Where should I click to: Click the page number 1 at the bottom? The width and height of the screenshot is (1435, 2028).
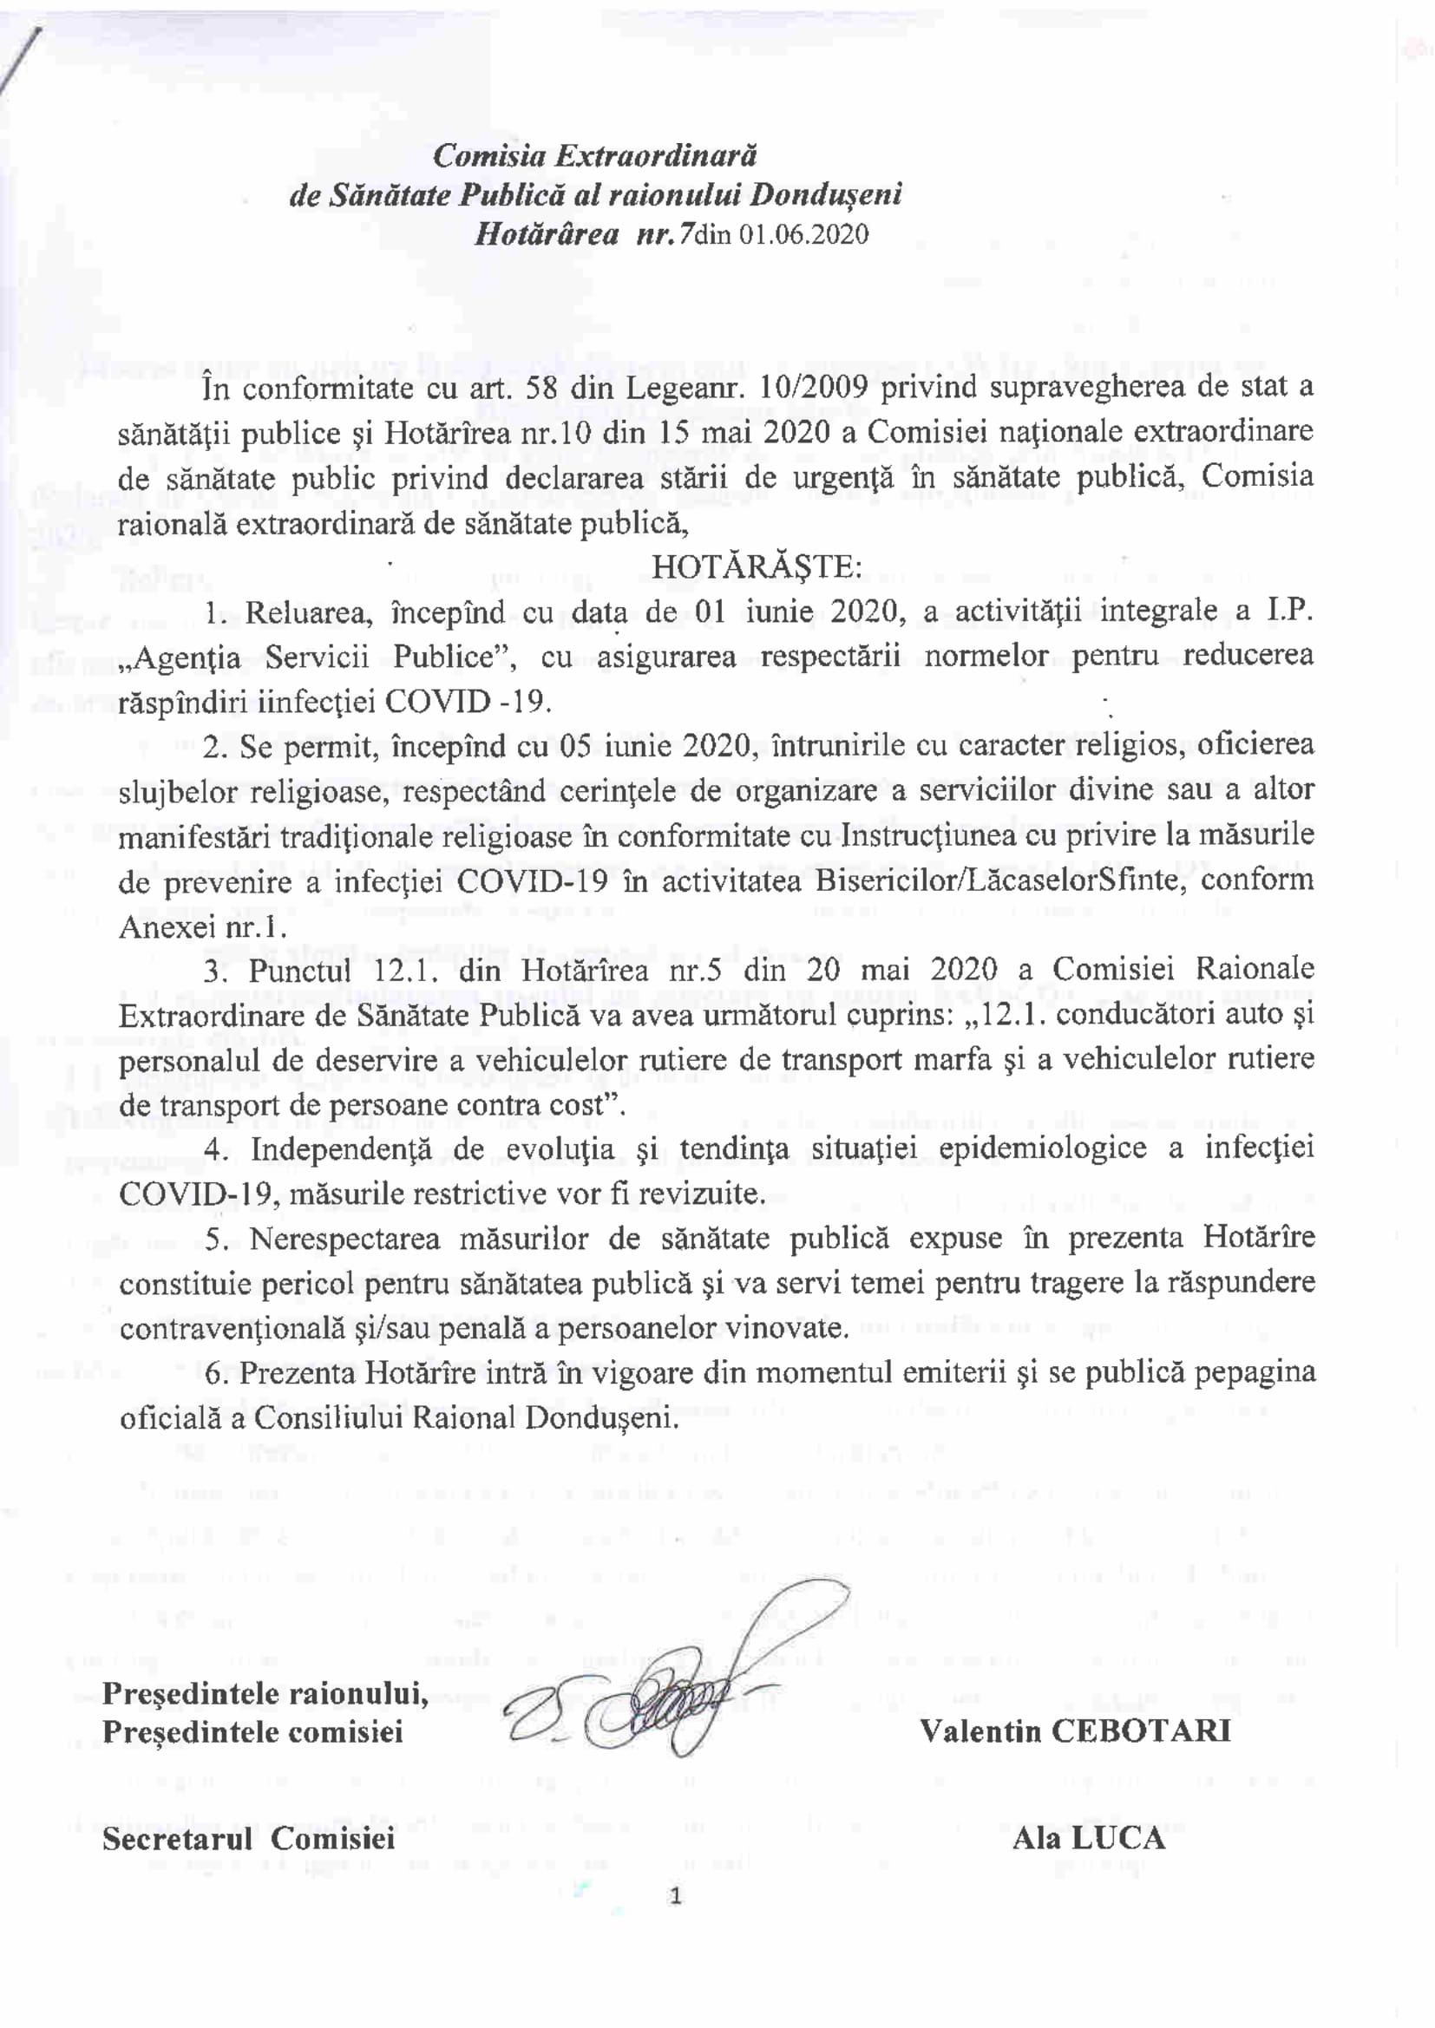point(676,1896)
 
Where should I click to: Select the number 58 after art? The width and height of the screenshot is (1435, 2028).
point(545,387)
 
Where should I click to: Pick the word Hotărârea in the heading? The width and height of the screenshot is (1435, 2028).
point(546,234)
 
